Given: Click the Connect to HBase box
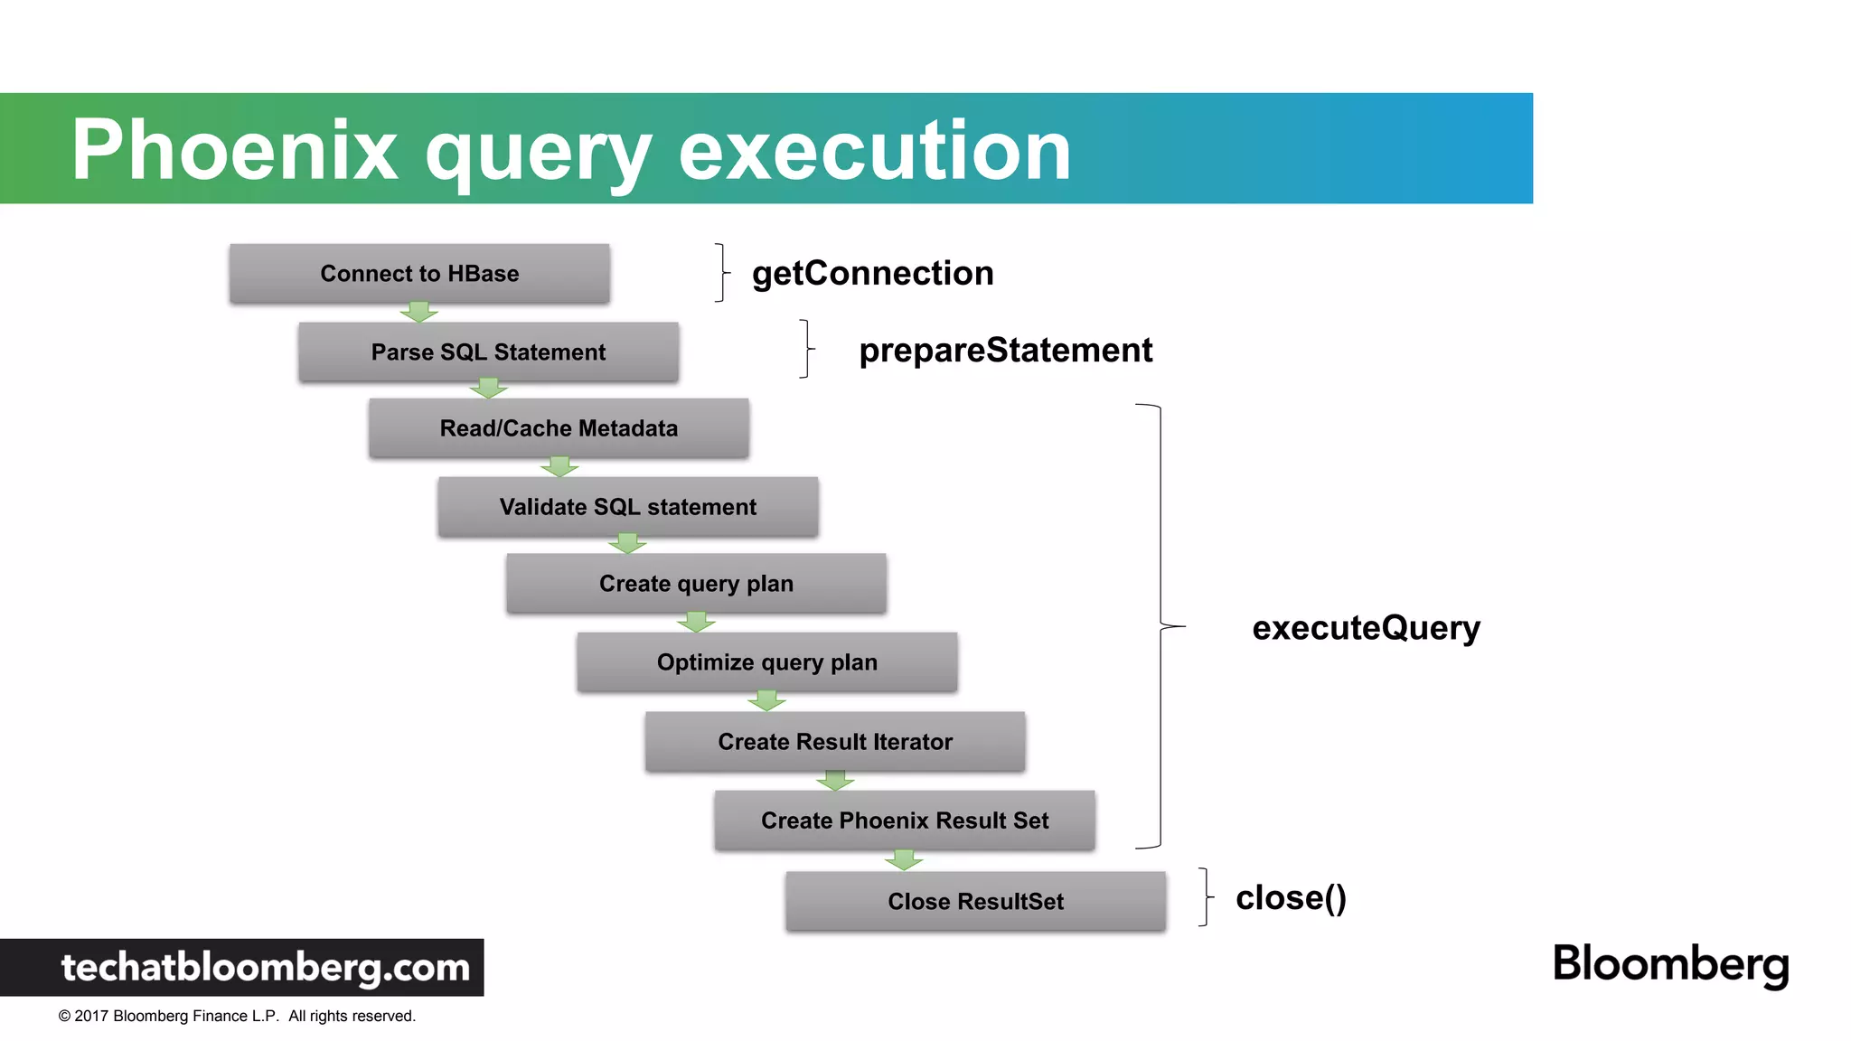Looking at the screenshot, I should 419,273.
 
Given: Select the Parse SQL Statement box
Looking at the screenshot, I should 488,352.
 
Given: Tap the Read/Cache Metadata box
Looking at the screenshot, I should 559,428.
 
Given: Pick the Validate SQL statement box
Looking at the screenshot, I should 628,507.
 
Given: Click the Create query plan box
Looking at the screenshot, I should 696,584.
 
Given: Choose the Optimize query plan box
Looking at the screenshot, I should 766,662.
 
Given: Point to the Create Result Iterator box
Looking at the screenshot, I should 835,742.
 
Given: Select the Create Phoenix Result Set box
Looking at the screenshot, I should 905,821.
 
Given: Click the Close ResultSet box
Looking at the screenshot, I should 975,901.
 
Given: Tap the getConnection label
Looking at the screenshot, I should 872,273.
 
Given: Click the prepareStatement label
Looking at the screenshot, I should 1005,351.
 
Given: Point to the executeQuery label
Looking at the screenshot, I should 1366,628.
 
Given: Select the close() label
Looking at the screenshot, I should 1291,898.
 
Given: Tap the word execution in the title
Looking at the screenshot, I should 874,150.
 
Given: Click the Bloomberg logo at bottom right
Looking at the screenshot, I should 1670,964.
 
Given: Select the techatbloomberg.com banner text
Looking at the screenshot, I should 266,968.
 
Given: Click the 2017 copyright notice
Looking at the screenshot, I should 237,1016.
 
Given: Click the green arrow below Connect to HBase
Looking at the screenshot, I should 418,313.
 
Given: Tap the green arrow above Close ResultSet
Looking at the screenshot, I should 904,859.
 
